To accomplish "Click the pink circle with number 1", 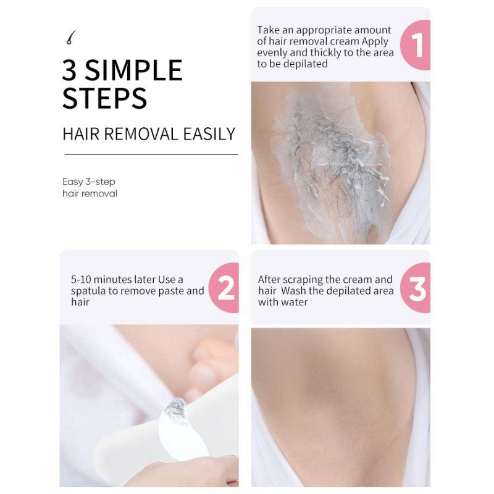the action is click(x=416, y=44).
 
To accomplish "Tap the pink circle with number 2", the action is click(x=224, y=288).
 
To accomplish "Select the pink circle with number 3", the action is click(x=416, y=288).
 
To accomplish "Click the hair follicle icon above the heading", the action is click(x=71, y=37).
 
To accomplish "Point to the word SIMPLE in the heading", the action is click(x=133, y=70).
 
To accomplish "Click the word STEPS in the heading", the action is click(x=104, y=98).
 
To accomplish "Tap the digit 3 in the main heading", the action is click(x=69, y=70).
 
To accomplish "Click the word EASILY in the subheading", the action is click(x=209, y=134).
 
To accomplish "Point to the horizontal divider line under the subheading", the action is click(x=151, y=155).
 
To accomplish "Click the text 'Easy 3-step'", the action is click(x=89, y=182).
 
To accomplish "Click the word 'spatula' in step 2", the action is click(x=88, y=291).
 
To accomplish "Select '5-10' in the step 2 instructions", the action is click(x=82, y=280).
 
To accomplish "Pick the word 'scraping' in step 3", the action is click(x=303, y=280).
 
